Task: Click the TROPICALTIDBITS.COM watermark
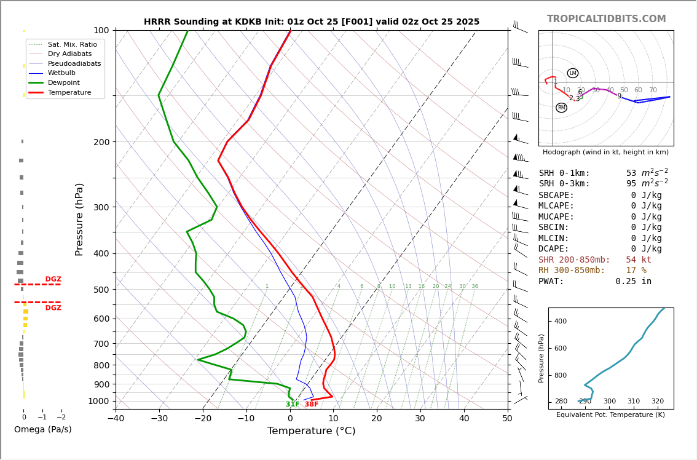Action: coord(606,19)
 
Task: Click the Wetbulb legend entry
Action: coord(61,73)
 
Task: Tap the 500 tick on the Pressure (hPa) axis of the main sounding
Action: coord(101,290)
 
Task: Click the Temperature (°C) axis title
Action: coord(311,431)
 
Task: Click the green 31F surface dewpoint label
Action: coord(293,404)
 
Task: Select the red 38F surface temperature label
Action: coord(312,404)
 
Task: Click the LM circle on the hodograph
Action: coord(572,73)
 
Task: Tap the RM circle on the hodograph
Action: coord(561,108)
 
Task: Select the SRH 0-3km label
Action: coord(564,184)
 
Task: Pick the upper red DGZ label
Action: coord(53,279)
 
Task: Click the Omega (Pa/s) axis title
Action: coord(42,429)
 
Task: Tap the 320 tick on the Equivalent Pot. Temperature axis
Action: coord(657,402)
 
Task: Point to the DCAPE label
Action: coord(554,249)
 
